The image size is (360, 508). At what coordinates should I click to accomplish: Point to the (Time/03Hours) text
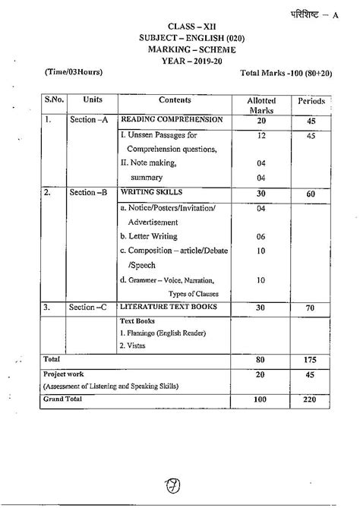(x=68, y=72)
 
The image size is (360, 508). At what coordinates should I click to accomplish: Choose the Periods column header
(x=311, y=100)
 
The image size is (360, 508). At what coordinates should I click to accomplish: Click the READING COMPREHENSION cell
(x=172, y=121)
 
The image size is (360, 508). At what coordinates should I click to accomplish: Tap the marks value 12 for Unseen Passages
(x=261, y=135)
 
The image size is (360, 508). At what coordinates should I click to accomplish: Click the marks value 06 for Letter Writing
(x=261, y=236)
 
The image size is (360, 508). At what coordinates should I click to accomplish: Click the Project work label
(x=65, y=374)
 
